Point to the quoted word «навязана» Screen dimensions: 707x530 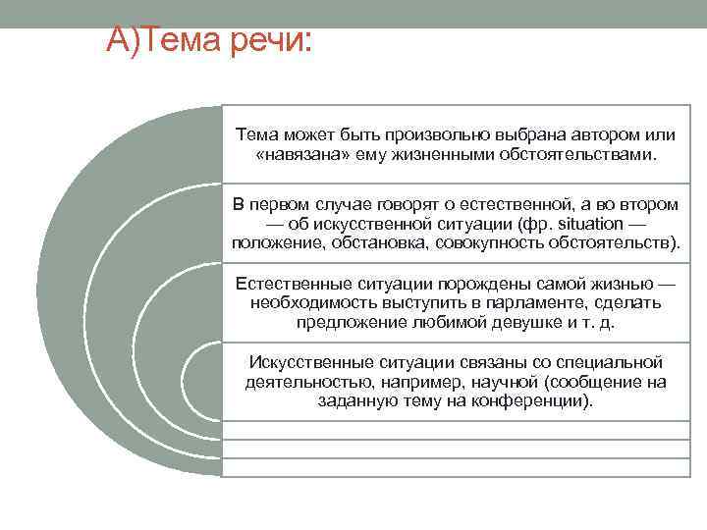[x=303, y=155]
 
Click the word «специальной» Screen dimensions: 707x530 [x=610, y=363]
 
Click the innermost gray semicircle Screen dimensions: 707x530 [x=204, y=381]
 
